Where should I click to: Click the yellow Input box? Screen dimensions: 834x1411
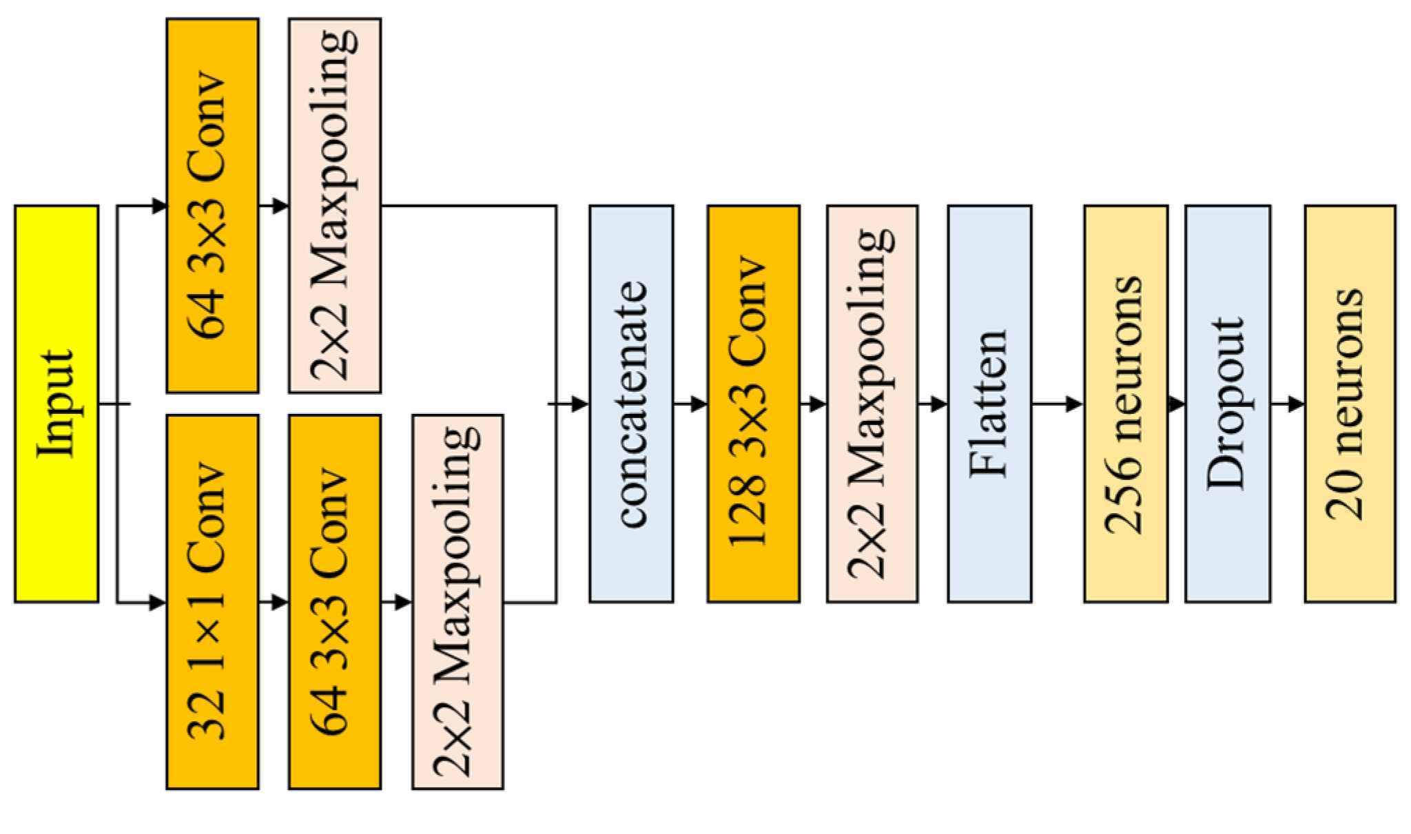[56, 404]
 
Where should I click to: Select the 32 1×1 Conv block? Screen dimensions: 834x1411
[212, 601]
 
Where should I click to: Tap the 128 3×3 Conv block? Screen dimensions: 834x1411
[753, 404]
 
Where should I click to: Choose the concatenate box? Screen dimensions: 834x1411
[631, 404]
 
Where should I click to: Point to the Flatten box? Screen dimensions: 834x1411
[989, 404]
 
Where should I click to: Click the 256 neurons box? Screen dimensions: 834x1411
[1126, 404]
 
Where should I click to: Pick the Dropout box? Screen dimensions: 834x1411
[1228, 404]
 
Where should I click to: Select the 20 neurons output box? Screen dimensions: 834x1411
[1350, 404]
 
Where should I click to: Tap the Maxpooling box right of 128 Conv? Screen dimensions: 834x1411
[872, 404]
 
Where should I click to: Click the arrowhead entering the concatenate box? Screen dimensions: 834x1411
[580, 404]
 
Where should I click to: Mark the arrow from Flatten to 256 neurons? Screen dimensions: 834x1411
[1058, 404]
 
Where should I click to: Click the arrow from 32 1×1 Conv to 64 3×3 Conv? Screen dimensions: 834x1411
[274, 603]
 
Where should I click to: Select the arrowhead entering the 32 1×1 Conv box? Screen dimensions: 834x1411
[158, 603]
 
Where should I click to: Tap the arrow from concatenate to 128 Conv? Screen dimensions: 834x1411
[690, 404]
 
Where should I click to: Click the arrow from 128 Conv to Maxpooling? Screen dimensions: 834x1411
[813, 404]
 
